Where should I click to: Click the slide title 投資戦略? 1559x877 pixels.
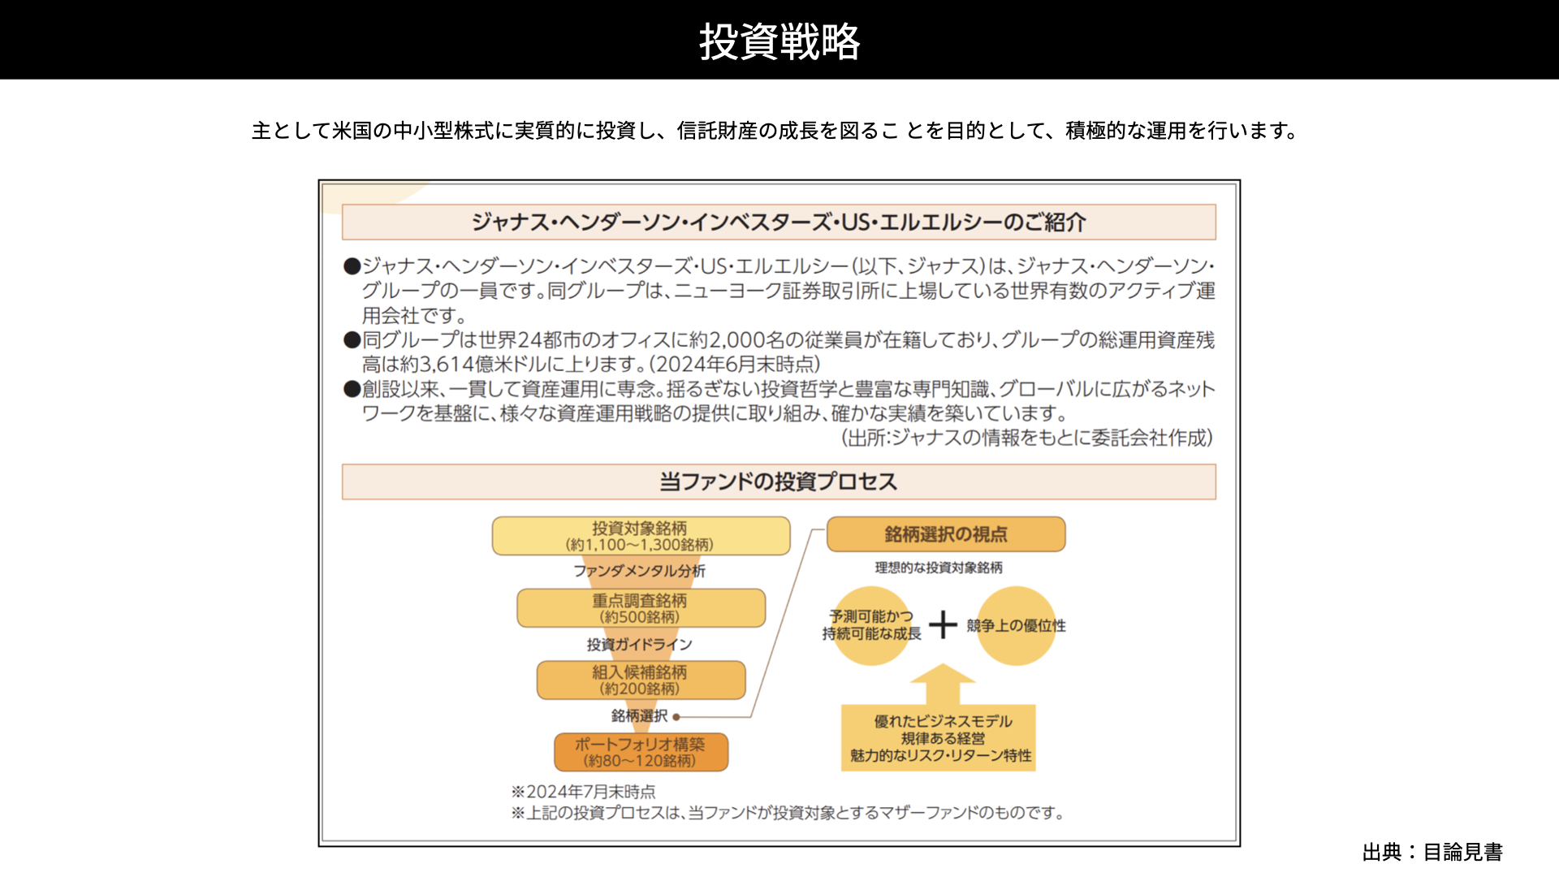pos(779,41)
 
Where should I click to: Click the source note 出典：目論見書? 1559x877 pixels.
pos(1432,852)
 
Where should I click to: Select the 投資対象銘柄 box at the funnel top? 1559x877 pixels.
pos(641,536)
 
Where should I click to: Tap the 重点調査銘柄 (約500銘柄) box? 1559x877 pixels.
pos(641,608)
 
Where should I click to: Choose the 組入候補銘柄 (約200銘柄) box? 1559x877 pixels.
pos(641,680)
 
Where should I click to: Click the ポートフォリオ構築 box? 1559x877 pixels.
pos(641,752)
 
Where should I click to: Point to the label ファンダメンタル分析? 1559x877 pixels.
pos(640,571)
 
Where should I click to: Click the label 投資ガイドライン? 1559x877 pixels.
pos(640,644)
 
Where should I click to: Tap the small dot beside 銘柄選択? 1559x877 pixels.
pos(676,717)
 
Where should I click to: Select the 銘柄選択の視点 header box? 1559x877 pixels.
pos(946,534)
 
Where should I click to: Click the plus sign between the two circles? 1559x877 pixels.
pos(943,624)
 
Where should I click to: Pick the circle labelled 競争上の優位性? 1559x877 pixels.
pos(1016,625)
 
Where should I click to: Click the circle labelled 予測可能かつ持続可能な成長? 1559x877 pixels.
pos(871,625)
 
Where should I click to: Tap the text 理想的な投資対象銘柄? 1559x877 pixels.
pos(939,568)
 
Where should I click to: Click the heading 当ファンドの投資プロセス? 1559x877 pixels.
pos(779,482)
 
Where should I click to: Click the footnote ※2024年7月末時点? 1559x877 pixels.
pos(583,792)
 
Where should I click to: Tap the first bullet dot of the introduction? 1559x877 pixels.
pos(352,266)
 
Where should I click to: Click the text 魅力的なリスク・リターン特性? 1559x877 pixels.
pos(941,755)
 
